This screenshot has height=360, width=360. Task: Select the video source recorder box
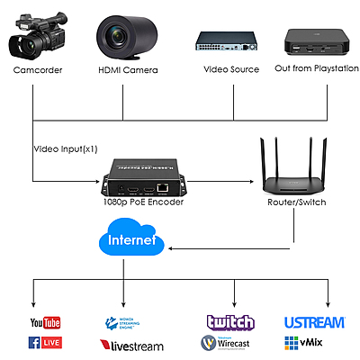tap(228, 41)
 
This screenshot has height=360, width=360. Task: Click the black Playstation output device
tap(312, 40)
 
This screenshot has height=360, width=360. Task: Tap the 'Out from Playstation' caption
tap(310, 69)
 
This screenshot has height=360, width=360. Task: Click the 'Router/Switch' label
tap(298, 203)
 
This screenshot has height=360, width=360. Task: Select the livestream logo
tap(130, 344)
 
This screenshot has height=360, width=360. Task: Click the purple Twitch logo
tap(230, 322)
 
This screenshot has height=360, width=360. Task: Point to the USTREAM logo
tap(315, 322)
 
